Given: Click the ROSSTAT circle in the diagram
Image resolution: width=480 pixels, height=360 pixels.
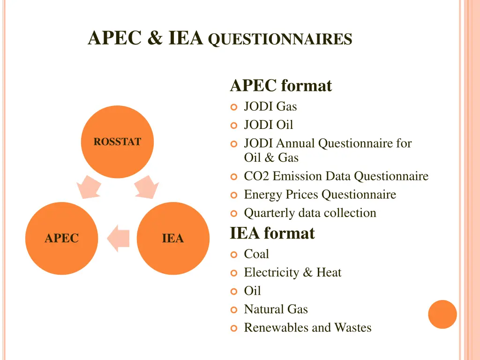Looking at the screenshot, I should tap(117, 142).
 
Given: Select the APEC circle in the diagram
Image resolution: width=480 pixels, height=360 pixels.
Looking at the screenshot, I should tap(61, 238).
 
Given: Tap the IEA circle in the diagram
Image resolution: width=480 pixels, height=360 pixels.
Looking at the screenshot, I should tap(173, 238).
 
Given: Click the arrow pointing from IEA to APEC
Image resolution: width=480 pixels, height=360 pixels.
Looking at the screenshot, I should tap(118, 238).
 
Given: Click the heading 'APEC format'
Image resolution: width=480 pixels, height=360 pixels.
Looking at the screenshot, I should tap(281, 86).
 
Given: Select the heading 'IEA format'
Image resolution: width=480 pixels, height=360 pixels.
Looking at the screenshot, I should tap(272, 233).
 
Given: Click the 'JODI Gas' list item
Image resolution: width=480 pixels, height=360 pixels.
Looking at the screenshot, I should tap(270, 107).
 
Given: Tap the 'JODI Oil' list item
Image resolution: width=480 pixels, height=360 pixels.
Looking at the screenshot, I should tap(268, 125).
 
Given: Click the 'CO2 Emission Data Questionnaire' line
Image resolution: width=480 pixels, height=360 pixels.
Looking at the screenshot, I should tap(336, 176).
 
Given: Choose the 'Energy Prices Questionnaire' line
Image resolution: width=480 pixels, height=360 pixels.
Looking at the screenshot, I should tap(320, 195).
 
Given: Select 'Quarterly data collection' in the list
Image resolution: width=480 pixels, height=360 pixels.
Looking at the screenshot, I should tap(310, 213).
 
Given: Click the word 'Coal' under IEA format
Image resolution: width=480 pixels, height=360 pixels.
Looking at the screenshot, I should tap(256, 254).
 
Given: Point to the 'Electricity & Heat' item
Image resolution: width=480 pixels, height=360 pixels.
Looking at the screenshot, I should tap(292, 272).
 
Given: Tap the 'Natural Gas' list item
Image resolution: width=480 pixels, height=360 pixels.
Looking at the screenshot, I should tap(276, 309).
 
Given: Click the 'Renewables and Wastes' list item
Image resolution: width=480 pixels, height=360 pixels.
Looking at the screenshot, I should tap(307, 328).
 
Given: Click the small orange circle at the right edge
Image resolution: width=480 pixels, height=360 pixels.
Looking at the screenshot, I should tap(442, 314).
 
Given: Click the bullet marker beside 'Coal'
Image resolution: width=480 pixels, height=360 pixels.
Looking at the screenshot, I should tap(234, 255).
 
